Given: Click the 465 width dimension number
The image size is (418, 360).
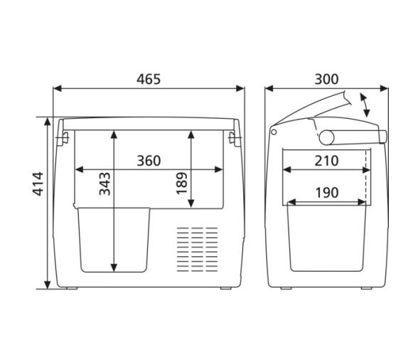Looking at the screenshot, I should point(149,78).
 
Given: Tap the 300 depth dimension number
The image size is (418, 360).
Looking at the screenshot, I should point(326,78).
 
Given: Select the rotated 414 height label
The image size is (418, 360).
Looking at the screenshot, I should point(38,184).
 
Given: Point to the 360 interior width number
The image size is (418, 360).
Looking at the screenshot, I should point(149,161).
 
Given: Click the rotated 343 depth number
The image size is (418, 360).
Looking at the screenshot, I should point(104,184).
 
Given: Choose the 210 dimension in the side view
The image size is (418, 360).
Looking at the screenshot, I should point(326,161).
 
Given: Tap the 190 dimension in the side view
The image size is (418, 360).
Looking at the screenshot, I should point(326,192).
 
